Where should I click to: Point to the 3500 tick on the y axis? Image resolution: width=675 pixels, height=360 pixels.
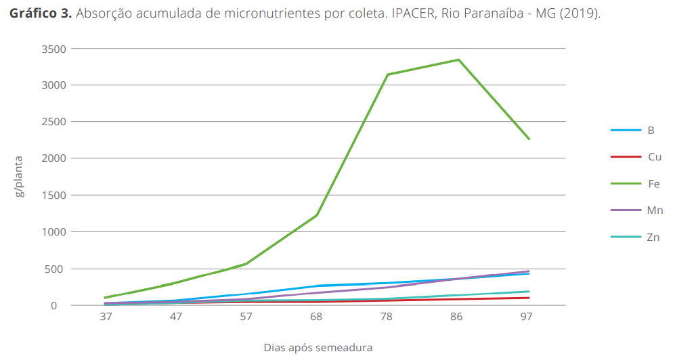coord(52,49)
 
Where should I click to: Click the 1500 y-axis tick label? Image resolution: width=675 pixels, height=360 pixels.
coord(52,195)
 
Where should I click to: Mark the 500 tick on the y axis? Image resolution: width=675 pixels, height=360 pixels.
coord(55,269)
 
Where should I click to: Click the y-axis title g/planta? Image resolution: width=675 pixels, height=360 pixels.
coord(20,177)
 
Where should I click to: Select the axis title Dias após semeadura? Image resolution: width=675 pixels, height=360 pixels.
coord(318,348)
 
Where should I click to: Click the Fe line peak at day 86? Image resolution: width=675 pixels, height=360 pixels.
coord(458,60)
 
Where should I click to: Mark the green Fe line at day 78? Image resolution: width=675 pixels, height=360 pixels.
coord(387,74)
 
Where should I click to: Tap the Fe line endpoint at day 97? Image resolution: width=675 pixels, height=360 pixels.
coord(529,139)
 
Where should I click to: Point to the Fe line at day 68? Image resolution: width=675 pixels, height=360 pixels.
coord(317,215)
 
